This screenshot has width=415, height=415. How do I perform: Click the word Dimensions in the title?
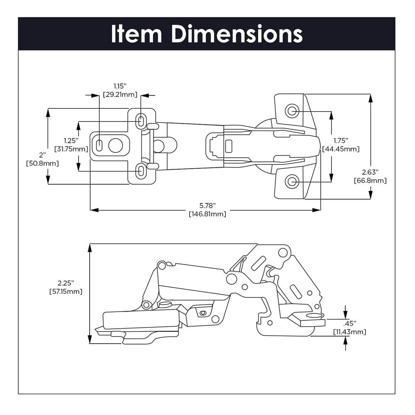[237, 34]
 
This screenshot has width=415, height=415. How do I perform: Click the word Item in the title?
[136, 34]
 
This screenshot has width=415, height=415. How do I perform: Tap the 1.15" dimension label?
[120, 86]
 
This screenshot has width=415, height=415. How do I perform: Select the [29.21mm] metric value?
[120, 95]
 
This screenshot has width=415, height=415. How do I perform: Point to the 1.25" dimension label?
[71, 140]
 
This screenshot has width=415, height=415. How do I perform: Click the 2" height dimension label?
[42, 155]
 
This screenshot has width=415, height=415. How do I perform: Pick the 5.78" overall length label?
[207, 205]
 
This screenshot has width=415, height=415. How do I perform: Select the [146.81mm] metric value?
[207, 214]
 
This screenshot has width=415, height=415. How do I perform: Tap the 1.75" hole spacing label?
[340, 140]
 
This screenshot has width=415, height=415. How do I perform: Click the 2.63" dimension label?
[370, 172]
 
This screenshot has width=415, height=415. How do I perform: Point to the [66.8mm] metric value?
[370, 181]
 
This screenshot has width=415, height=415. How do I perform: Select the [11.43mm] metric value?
[349, 332]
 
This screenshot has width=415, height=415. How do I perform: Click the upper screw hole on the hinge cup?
[292, 110]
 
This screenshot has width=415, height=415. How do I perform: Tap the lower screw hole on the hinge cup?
[292, 181]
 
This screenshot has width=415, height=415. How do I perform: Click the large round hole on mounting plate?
[115, 145]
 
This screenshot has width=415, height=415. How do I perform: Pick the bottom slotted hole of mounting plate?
[141, 171]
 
